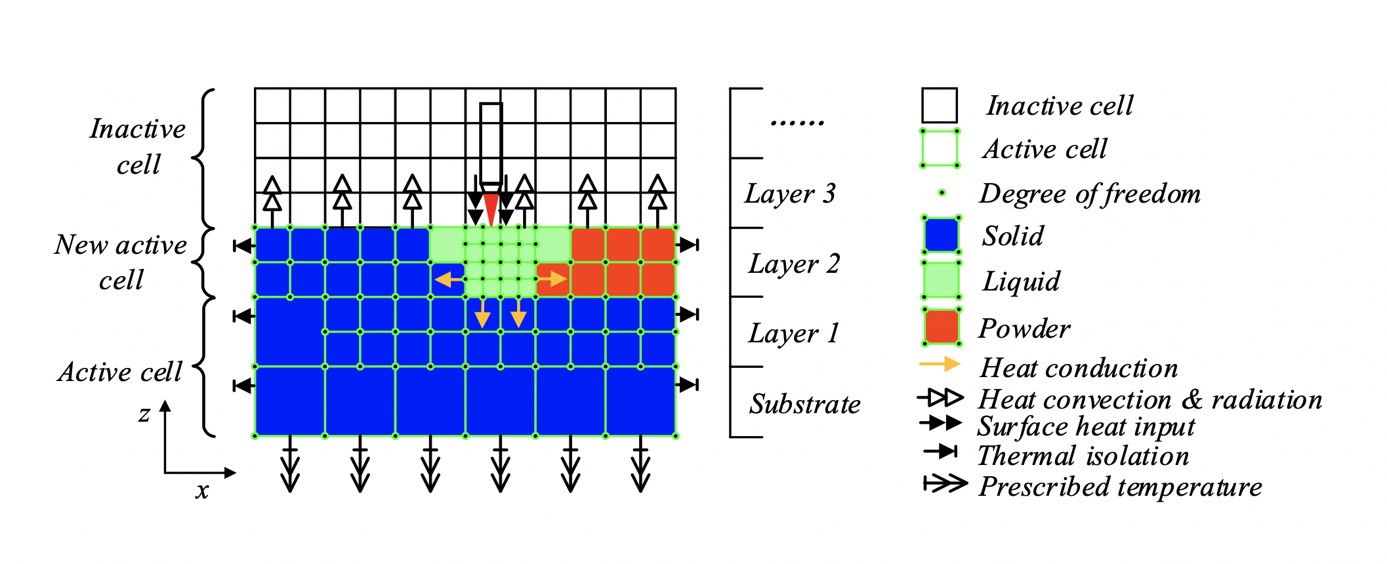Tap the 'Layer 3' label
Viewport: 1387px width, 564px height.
tap(790, 193)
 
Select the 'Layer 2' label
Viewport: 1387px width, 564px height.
tap(794, 264)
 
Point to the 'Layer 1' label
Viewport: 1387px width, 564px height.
tap(794, 333)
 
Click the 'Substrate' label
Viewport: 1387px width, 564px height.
tap(805, 404)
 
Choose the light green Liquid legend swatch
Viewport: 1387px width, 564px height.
tap(941, 280)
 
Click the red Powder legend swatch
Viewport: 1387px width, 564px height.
tap(941, 326)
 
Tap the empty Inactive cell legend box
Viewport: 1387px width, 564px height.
tap(940, 106)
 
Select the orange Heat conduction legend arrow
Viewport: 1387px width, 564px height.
tap(940, 364)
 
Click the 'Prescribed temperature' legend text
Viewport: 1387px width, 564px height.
tap(1120, 487)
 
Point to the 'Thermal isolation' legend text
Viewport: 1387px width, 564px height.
tap(1083, 456)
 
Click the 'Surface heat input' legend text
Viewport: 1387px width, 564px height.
tap(1086, 427)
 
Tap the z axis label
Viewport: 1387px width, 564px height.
tap(144, 414)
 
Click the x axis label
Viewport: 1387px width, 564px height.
tap(202, 491)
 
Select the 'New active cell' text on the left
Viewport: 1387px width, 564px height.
tap(121, 262)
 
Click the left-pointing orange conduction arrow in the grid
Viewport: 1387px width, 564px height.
tap(449, 280)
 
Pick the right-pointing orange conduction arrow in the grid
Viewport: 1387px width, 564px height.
tap(553, 279)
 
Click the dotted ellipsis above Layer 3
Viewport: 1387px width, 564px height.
tap(797, 122)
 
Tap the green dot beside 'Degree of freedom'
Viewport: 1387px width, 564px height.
tap(942, 193)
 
